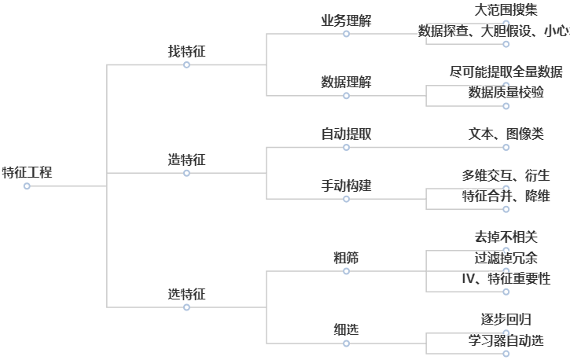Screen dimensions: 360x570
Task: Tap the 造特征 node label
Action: [x=186, y=160]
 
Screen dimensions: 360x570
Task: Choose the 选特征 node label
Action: [x=186, y=294]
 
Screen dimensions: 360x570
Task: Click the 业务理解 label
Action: [x=346, y=20]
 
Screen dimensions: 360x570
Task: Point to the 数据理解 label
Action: [x=346, y=83]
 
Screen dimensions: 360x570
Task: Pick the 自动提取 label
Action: [x=346, y=134]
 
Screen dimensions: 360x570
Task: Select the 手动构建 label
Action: [x=346, y=186]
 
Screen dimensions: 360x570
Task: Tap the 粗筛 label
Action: [x=346, y=258]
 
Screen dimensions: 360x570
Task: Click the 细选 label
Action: [x=346, y=330]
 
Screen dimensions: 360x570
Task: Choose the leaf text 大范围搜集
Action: [x=506, y=10]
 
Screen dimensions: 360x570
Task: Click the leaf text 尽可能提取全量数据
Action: [x=506, y=72]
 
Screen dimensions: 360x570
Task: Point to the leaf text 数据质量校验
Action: [x=506, y=93]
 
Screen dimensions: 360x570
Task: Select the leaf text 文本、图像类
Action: [x=506, y=134]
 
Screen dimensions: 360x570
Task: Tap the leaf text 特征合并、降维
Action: [x=506, y=196]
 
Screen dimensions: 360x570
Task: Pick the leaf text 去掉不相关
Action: [x=506, y=237]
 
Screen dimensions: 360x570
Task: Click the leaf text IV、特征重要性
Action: [x=506, y=278]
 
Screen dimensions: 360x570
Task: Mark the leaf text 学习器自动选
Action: [x=506, y=340]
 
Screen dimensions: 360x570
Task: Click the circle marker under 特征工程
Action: [x=27, y=186]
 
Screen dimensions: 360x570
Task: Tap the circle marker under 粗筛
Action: [x=346, y=271]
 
